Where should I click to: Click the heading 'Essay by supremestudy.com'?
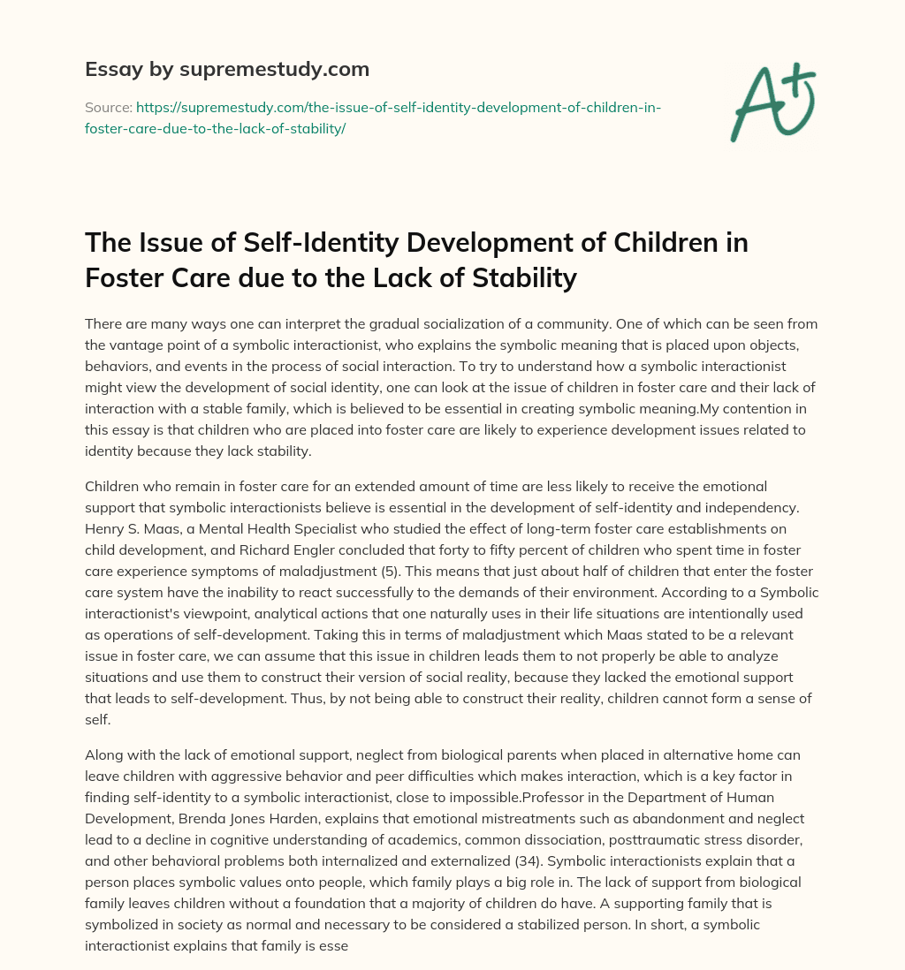click(x=226, y=69)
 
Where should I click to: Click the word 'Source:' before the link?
click(x=108, y=108)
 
